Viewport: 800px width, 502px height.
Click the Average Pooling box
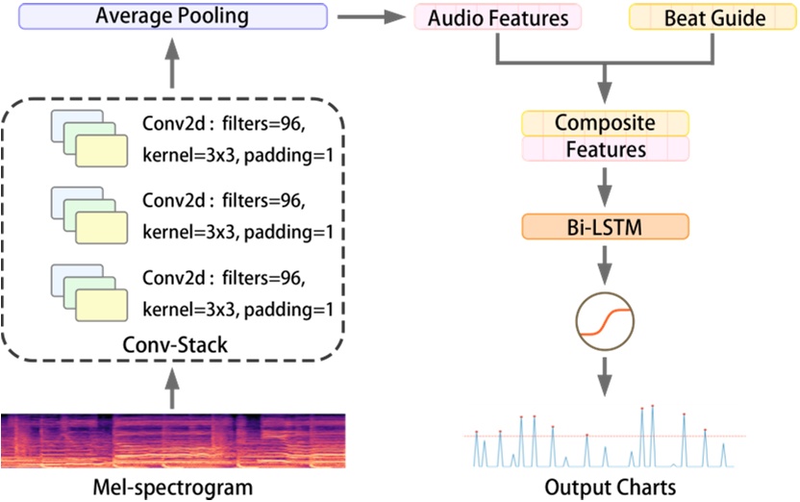(x=173, y=16)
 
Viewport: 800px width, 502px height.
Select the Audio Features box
(x=497, y=17)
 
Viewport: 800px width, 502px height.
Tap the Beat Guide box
(x=712, y=17)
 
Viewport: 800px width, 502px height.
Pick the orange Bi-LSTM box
(x=605, y=227)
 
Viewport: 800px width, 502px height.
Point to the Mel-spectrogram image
(x=173, y=440)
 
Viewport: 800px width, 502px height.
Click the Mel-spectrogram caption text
(x=172, y=488)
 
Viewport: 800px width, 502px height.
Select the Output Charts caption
(x=611, y=488)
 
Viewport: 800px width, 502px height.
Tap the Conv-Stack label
(x=175, y=345)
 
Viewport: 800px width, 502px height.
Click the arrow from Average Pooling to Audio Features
(x=371, y=17)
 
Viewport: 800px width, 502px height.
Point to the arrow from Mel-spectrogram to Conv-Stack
(x=172, y=389)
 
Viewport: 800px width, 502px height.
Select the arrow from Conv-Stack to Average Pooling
(x=172, y=63)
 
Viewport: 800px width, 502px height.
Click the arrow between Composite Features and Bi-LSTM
(x=605, y=188)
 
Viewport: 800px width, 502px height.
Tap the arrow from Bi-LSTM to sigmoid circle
(x=605, y=265)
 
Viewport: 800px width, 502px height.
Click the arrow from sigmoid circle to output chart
(x=605, y=377)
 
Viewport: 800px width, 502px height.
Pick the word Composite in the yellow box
(x=605, y=123)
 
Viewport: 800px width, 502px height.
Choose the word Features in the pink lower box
(x=606, y=149)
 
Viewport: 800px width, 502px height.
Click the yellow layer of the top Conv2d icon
(x=102, y=150)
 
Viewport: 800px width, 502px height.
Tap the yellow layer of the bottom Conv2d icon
(x=102, y=305)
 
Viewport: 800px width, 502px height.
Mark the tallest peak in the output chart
(x=653, y=407)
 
